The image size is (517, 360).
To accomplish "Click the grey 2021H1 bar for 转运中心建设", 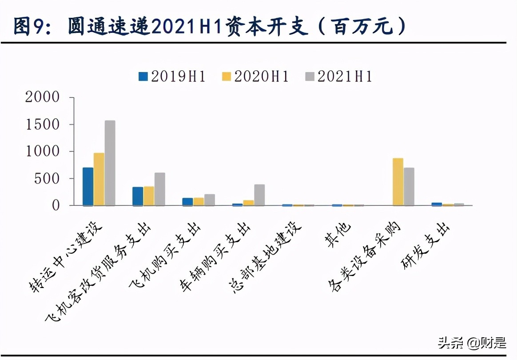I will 110,163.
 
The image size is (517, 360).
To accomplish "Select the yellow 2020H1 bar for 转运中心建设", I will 99,179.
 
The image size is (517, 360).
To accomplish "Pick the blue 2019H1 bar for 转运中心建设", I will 88,186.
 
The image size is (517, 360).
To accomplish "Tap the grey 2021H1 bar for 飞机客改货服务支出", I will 160,189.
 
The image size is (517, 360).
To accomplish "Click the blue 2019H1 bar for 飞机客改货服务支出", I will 138,196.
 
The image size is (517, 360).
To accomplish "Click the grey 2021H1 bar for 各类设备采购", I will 409,186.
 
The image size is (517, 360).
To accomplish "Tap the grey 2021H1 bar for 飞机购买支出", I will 210,200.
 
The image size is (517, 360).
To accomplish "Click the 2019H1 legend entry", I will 172,76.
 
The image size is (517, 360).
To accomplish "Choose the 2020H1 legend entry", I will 255,76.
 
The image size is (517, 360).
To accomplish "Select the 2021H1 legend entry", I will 338,76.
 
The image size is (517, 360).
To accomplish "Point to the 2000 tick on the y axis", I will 42,97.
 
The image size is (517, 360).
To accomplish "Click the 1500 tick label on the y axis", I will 42,124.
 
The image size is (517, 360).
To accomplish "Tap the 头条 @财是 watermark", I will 472,343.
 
